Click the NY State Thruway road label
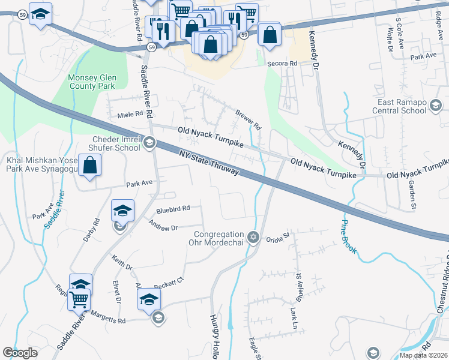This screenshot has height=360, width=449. (209, 163)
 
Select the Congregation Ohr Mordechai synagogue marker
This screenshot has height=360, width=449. (253, 238)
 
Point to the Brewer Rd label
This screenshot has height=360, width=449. (249, 119)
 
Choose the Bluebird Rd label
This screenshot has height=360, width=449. (173, 208)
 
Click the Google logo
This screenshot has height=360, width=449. (20, 353)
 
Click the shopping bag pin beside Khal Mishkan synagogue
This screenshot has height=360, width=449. (89, 166)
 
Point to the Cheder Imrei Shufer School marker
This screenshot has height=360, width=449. (149, 143)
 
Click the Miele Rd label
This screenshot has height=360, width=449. (131, 113)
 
